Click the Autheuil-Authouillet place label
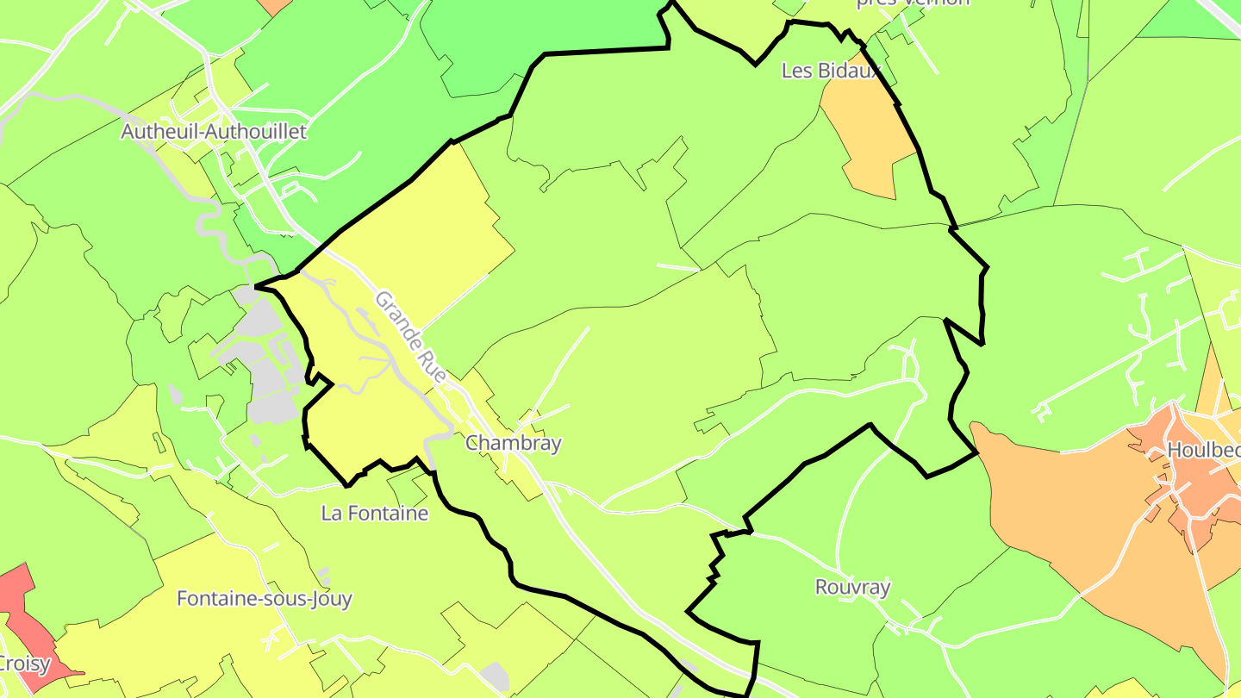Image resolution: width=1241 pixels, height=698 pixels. coord(214,132)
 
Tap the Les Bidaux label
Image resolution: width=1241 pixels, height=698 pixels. coord(831,71)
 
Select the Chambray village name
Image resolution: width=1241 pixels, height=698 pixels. coord(513,443)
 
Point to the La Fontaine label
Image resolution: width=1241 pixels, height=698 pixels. coord(374,514)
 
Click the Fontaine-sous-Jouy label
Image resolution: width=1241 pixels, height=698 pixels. coord(265,598)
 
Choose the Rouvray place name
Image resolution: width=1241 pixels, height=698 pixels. coord(852,588)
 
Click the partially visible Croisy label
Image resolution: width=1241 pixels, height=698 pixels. coord(24,664)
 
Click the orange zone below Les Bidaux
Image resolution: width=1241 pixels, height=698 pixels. coord(866,138)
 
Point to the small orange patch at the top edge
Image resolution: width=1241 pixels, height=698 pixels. coord(276,6)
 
